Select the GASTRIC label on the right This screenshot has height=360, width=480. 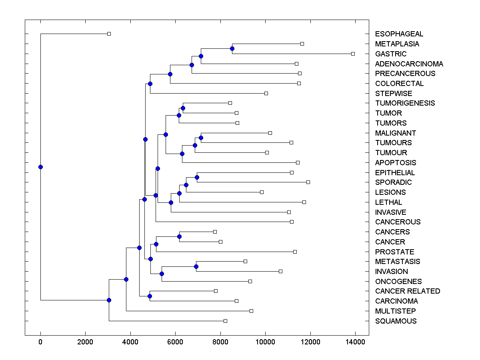pos(391,54)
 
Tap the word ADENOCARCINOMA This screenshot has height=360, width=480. pos(409,64)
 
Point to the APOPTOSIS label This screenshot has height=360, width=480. pos(396,162)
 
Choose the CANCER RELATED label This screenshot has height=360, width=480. pos(407,291)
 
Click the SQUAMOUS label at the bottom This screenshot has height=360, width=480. pos(396,321)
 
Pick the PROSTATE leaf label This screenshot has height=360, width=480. pos(394,252)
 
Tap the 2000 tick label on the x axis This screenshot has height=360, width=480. pos(85,342)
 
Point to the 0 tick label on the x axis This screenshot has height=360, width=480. pos(40,342)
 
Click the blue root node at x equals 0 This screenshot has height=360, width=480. pos(40,167)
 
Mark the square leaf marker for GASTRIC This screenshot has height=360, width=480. pos(353,54)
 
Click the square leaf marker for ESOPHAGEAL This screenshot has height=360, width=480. pos(109,34)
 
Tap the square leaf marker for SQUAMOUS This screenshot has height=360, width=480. pos(225,321)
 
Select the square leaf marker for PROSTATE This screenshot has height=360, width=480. pos(295,252)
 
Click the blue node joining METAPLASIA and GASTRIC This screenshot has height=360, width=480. pos(232,48)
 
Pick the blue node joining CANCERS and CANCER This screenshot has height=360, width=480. pos(179,236)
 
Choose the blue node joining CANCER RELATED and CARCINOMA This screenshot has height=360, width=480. pos(150,296)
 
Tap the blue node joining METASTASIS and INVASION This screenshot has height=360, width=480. pos(196,266)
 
